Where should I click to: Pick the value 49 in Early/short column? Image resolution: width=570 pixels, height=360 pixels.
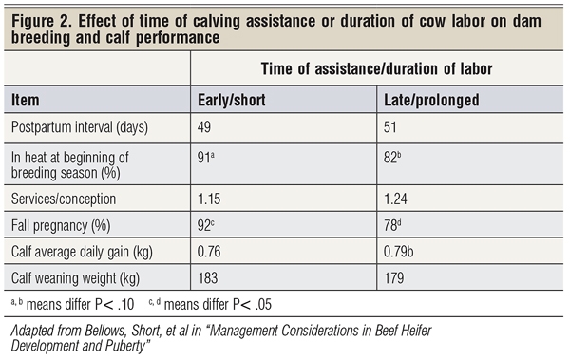[207, 127]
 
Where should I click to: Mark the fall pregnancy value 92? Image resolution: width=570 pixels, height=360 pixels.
[208, 228]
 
